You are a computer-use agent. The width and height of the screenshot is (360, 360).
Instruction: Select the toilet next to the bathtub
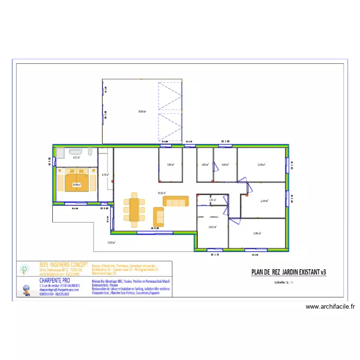click(90, 153)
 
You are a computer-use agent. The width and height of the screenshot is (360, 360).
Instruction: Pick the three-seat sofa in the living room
click(176, 201)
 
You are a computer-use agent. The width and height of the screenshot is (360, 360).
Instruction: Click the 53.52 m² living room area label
click(161, 193)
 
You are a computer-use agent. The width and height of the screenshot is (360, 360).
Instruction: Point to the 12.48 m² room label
click(261, 165)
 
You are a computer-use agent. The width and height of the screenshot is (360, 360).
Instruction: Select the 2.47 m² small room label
click(212, 200)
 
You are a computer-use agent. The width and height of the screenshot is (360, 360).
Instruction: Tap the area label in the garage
click(142, 111)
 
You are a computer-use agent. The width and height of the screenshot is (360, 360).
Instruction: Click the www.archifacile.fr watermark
click(330, 307)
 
